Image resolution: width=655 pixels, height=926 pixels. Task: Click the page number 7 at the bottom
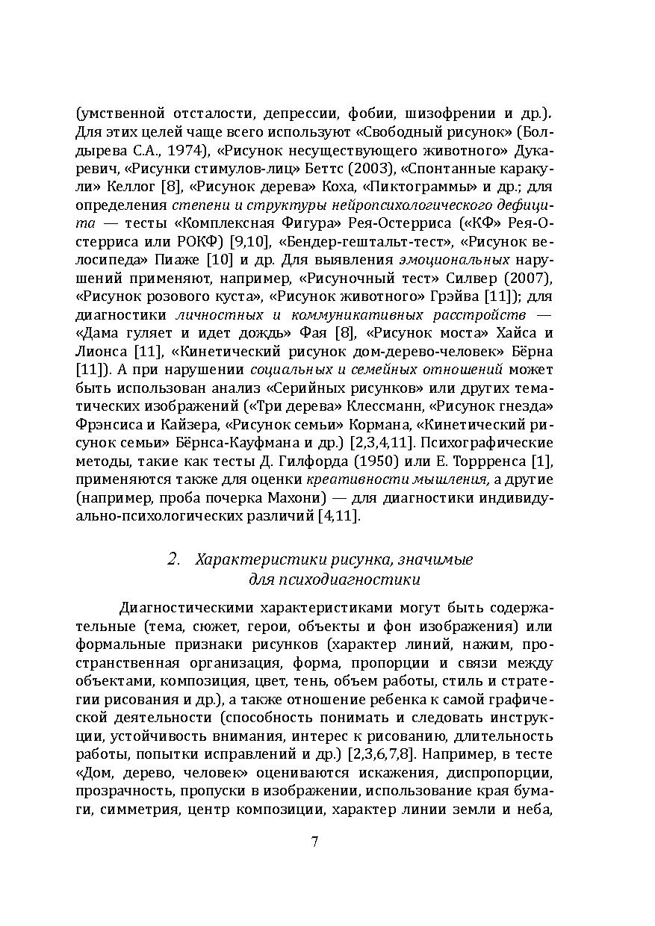[314, 842]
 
